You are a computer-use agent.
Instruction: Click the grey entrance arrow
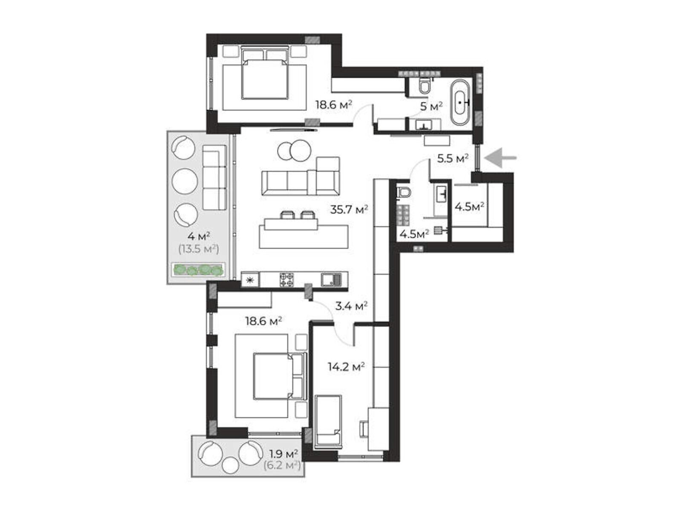click(500, 158)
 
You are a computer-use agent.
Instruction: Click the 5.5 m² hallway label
click(453, 158)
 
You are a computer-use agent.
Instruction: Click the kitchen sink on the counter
click(331, 279)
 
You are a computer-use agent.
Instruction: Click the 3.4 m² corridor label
click(351, 306)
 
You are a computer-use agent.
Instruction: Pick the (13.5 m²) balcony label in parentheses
click(199, 249)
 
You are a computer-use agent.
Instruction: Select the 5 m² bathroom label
click(431, 107)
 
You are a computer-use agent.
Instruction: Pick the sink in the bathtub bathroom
click(423, 125)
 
